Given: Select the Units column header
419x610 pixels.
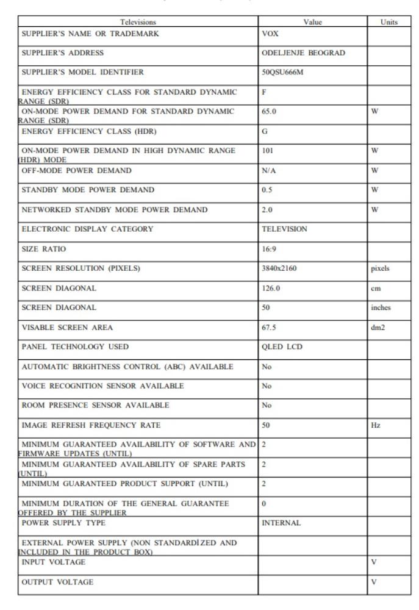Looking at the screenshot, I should click(x=388, y=22).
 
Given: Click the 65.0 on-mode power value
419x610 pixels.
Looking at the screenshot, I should click(x=268, y=112).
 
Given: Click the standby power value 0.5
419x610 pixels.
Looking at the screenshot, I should click(x=267, y=190).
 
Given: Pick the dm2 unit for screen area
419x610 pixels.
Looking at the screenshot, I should click(x=378, y=326).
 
